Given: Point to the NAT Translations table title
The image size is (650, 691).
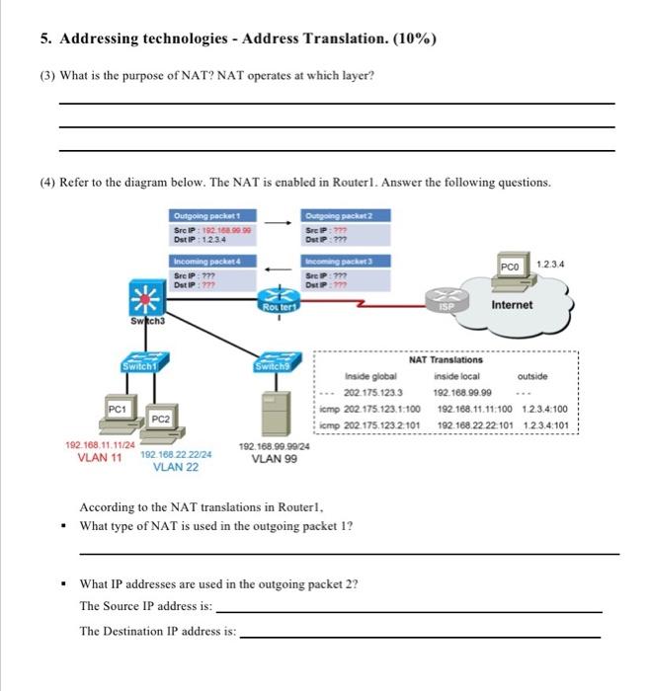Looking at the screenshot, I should click(446, 361).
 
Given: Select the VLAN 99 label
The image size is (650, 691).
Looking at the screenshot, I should click(274, 459).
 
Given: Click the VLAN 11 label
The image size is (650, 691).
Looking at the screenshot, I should click(99, 457).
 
